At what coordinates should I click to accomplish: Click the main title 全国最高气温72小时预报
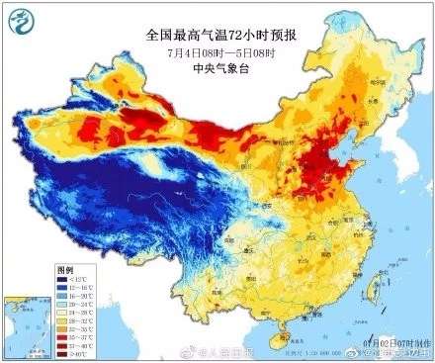217,35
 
